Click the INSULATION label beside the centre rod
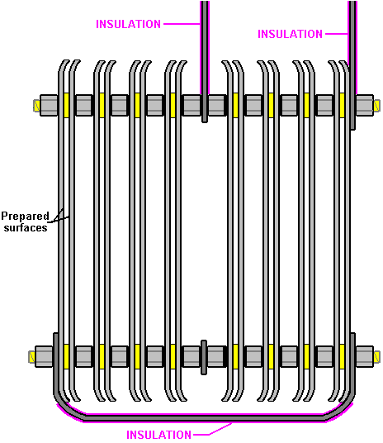pyautogui.click(x=129, y=24)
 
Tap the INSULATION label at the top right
pyautogui.click(x=290, y=34)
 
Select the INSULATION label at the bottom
pyautogui.click(x=158, y=435)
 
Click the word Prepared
pyautogui.click(x=25, y=217)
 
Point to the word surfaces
pyautogui.click(x=26, y=228)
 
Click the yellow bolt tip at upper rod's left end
pyautogui.click(x=36, y=106)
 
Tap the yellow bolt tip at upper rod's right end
pyautogui.click(x=376, y=106)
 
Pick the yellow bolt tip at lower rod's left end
pyautogui.click(x=31, y=357)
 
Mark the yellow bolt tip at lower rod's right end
pyautogui.click(x=376, y=357)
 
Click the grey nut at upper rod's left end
pyautogui.click(x=49, y=106)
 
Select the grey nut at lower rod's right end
pyautogui.click(x=365, y=356)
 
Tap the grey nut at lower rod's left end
pyautogui.click(x=44, y=356)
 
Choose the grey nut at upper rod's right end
pyautogui.click(x=365, y=106)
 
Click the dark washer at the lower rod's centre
pyautogui.click(x=204, y=357)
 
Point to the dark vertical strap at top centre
pyautogui.click(x=206, y=61)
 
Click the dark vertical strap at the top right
pyautogui.click(x=352, y=65)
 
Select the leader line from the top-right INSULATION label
pyautogui.click(x=337, y=34)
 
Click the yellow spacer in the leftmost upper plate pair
pyautogui.click(x=67, y=105)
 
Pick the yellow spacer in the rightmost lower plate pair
pyautogui.click(x=342, y=356)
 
